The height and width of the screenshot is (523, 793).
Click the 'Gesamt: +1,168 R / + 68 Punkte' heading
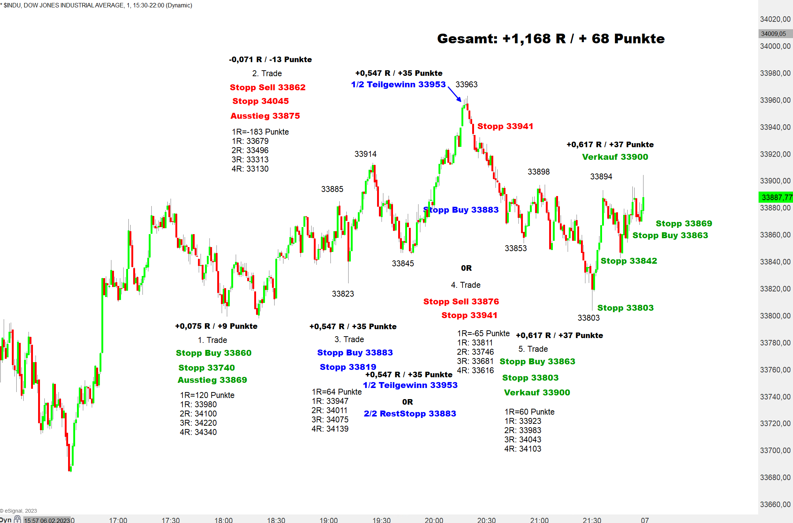click(x=551, y=38)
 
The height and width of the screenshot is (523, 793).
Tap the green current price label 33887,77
click(x=776, y=197)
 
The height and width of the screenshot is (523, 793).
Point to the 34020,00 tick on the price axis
click(x=775, y=19)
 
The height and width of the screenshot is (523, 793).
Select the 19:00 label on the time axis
click(x=328, y=520)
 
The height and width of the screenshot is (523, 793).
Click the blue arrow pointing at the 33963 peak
click(x=455, y=94)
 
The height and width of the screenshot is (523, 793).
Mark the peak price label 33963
click(x=466, y=84)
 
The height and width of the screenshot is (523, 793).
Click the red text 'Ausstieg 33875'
click(x=265, y=116)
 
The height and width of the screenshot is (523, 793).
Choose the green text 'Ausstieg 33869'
click(x=212, y=380)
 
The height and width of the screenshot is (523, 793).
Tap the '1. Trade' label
click(x=212, y=340)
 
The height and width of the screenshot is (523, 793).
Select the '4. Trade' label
click(x=466, y=285)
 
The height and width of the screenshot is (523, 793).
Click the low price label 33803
click(x=588, y=318)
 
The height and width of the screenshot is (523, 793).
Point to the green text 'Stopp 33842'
click(x=629, y=261)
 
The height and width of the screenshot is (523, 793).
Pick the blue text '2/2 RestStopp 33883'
click(x=410, y=414)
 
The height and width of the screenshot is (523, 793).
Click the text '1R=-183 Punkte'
click(x=260, y=132)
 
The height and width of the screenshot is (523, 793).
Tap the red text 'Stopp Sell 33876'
click(x=461, y=301)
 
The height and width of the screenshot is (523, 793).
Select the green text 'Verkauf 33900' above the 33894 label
click(x=615, y=157)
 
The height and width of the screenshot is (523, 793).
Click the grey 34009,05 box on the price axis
click(x=774, y=34)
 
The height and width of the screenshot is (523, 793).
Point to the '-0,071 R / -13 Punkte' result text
click(x=270, y=60)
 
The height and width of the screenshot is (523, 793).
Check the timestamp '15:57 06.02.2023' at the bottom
click(x=47, y=520)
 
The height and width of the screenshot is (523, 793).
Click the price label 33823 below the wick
click(x=343, y=294)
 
